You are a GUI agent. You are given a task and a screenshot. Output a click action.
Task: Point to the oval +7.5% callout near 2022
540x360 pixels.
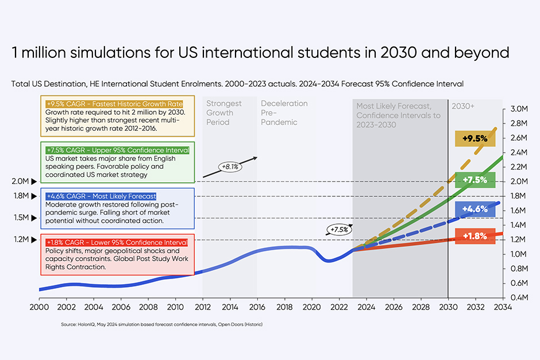(x=339, y=230)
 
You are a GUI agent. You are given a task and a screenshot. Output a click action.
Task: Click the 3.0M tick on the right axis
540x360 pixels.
(x=519, y=109)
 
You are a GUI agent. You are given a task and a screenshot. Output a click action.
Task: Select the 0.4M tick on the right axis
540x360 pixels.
(x=519, y=297)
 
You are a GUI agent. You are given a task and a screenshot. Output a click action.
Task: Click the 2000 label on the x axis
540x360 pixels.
(x=39, y=307)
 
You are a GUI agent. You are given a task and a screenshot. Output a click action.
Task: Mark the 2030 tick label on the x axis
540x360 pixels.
(x=448, y=307)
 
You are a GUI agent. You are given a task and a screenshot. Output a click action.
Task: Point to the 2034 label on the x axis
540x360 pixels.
(x=503, y=307)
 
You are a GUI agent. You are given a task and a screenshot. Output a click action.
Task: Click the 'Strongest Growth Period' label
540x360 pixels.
(x=224, y=113)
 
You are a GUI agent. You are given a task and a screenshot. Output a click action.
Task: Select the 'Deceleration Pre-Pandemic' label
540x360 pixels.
(x=284, y=113)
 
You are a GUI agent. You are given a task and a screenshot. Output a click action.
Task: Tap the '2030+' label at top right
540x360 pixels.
(x=464, y=106)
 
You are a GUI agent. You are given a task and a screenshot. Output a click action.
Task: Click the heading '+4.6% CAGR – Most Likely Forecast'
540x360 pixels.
(x=101, y=196)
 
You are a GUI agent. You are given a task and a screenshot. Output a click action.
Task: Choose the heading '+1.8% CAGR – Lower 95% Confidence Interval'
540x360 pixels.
(x=117, y=242)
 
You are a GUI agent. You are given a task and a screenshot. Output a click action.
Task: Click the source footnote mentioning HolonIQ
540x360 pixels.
(x=161, y=324)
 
